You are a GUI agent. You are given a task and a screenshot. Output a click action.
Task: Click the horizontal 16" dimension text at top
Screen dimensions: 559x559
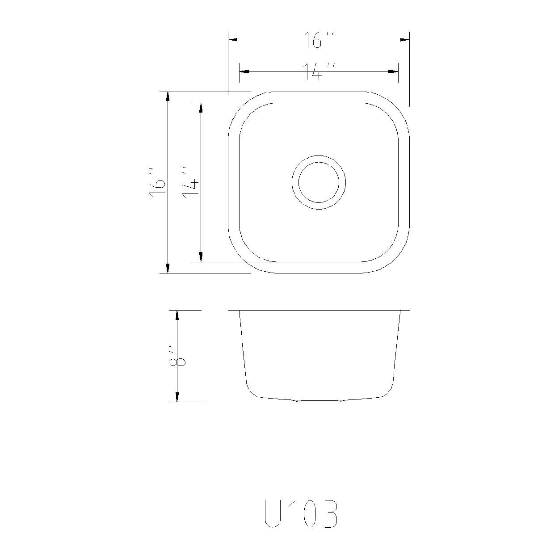click(319, 40)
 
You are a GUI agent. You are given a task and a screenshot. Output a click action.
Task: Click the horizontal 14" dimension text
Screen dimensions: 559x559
click(319, 71)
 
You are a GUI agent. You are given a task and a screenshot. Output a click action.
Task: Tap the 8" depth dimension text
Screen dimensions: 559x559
click(177, 356)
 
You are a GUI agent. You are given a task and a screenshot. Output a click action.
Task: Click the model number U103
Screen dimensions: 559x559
click(300, 515)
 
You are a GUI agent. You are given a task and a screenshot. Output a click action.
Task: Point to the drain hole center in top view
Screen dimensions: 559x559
click(319, 182)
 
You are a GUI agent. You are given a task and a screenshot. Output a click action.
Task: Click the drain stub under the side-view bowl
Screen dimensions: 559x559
click(319, 401)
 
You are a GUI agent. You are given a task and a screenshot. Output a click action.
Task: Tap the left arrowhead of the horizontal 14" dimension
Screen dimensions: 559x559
click(244, 71)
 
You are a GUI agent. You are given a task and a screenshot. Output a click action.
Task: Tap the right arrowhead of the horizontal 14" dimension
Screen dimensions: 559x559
click(394, 71)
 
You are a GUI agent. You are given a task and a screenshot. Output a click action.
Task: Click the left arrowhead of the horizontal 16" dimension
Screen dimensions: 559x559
click(233, 39)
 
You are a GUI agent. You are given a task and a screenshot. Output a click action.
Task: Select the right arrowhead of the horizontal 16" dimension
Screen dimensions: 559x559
click(405, 39)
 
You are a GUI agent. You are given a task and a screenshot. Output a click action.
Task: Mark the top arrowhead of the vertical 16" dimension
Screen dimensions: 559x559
click(168, 97)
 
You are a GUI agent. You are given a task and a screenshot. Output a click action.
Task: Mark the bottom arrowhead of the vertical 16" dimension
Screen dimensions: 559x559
click(168, 268)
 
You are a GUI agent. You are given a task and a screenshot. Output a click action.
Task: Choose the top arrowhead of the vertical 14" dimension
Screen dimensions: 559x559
click(201, 108)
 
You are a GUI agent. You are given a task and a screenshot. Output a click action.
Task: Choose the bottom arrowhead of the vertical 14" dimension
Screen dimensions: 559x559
click(201, 257)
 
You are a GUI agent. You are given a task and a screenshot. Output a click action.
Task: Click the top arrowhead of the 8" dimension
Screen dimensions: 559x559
click(177, 315)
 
